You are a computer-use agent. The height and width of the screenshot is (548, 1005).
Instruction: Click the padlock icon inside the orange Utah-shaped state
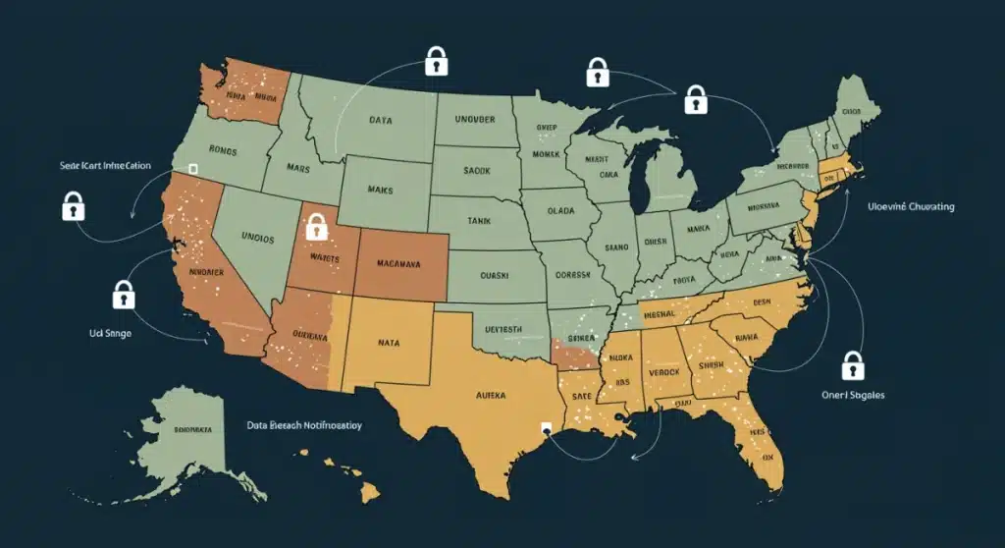coord(315,228)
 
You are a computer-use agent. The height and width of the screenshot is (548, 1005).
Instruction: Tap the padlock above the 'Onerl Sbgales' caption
coord(853,365)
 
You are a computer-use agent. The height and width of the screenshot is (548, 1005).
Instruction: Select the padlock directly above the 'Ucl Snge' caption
coord(123,294)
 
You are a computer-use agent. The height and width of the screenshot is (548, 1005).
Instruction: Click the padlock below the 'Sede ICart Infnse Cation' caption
coord(73,206)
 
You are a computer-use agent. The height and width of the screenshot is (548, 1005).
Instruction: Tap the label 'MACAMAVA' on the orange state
coord(399,264)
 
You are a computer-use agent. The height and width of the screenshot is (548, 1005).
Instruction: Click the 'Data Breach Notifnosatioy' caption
coord(304,426)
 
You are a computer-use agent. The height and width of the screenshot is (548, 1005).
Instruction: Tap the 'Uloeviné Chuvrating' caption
coord(911,207)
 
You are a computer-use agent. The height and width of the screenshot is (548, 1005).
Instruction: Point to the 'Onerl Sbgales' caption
coord(852,395)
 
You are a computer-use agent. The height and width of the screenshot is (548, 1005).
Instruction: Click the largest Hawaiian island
coord(369,489)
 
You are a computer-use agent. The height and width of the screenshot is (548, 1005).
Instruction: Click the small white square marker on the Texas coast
coord(544,428)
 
